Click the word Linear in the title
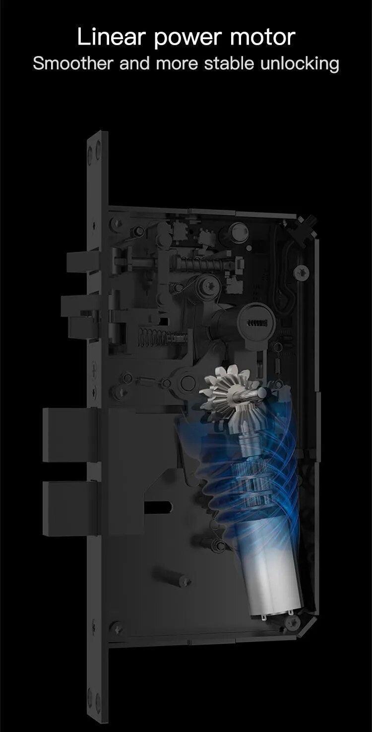111,37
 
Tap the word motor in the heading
263,37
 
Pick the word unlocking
300,64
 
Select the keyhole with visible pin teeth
255,323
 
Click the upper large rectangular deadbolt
70,435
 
